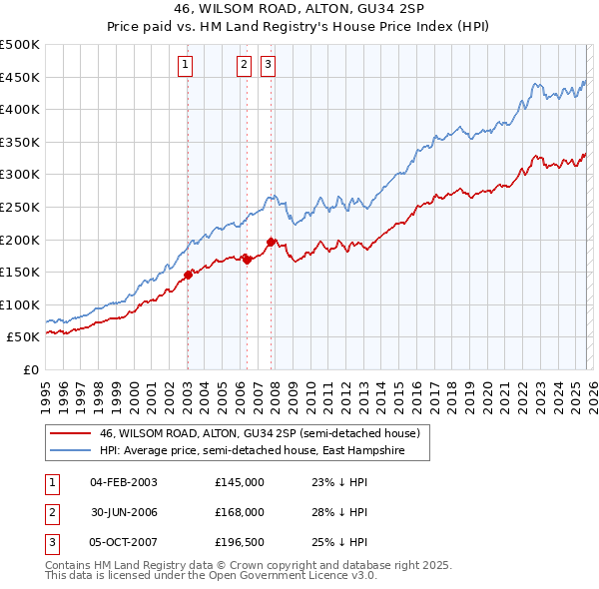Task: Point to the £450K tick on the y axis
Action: [20, 78]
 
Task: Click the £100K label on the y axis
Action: [20, 304]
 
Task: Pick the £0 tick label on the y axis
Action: [30, 370]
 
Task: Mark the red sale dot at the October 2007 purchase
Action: [271, 242]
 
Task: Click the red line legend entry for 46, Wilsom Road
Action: [265, 434]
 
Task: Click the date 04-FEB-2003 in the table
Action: [124, 482]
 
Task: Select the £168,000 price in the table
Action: [240, 512]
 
